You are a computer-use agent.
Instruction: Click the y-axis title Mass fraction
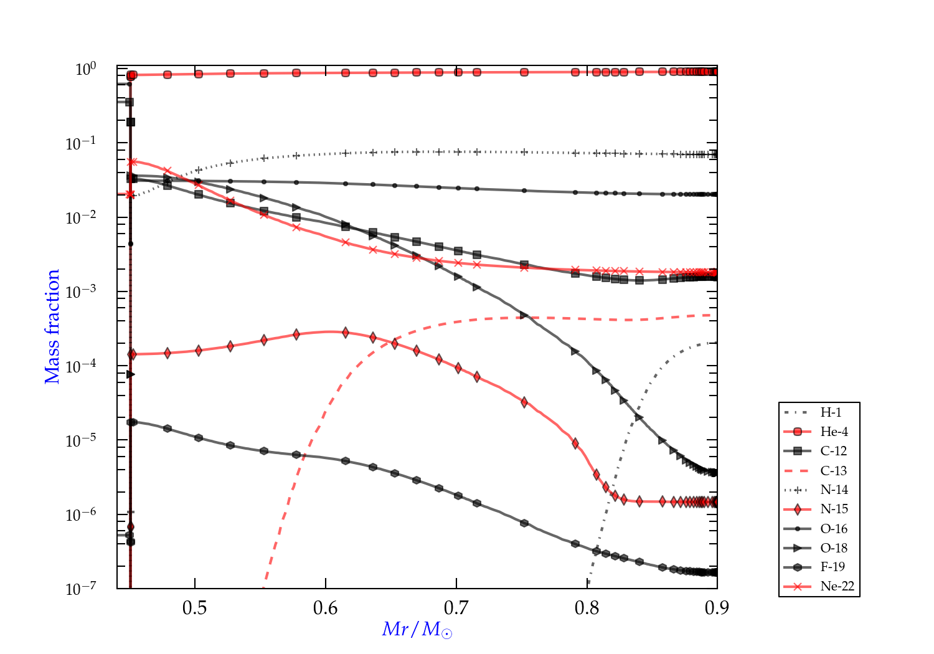click(52, 326)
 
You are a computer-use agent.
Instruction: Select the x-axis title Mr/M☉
click(417, 630)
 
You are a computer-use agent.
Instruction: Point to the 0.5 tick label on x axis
click(195, 607)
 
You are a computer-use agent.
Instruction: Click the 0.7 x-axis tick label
click(456, 607)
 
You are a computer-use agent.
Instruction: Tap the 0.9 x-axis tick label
click(717, 607)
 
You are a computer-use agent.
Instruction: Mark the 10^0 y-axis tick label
click(85, 69)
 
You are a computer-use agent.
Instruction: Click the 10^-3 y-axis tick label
click(81, 291)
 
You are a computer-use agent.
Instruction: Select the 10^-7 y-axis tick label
click(81, 589)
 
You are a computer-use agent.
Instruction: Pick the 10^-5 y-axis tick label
click(81, 440)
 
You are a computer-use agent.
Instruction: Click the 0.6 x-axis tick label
click(326, 607)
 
